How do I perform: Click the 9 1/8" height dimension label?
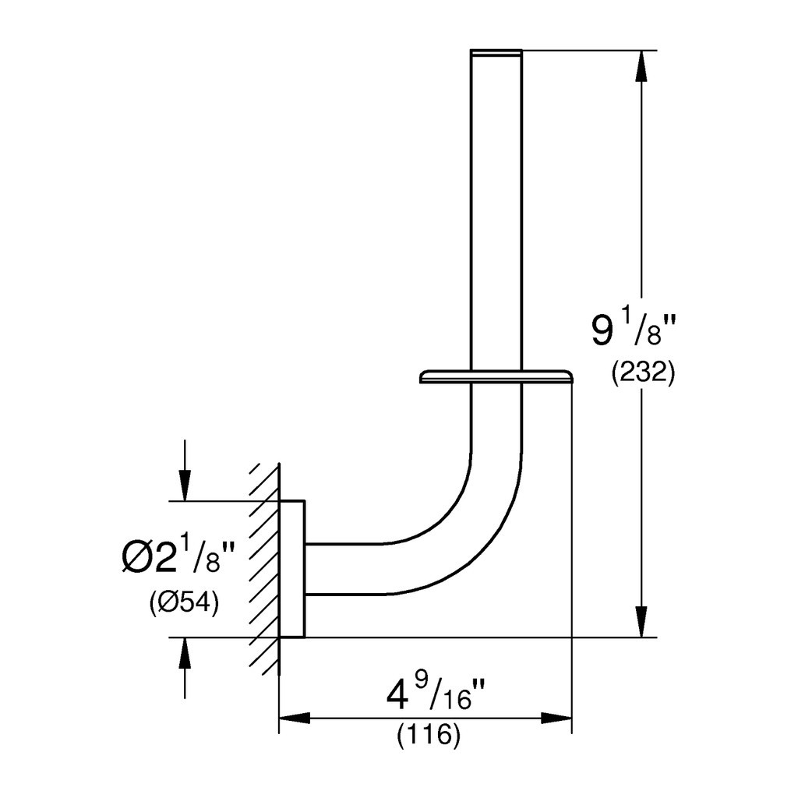(x=633, y=330)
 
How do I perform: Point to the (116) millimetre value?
(x=429, y=736)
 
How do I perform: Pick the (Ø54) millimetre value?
(x=184, y=603)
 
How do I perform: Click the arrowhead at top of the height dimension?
(x=642, y=66)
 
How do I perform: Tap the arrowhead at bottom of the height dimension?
(x=642, y=621)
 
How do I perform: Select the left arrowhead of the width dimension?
(x=295, y=719)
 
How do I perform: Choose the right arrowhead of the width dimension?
(x=556, y=719)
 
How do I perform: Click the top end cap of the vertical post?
(x=496, y=51)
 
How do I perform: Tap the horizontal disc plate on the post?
(x=496, y=376)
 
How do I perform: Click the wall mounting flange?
(x=292, y=569)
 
